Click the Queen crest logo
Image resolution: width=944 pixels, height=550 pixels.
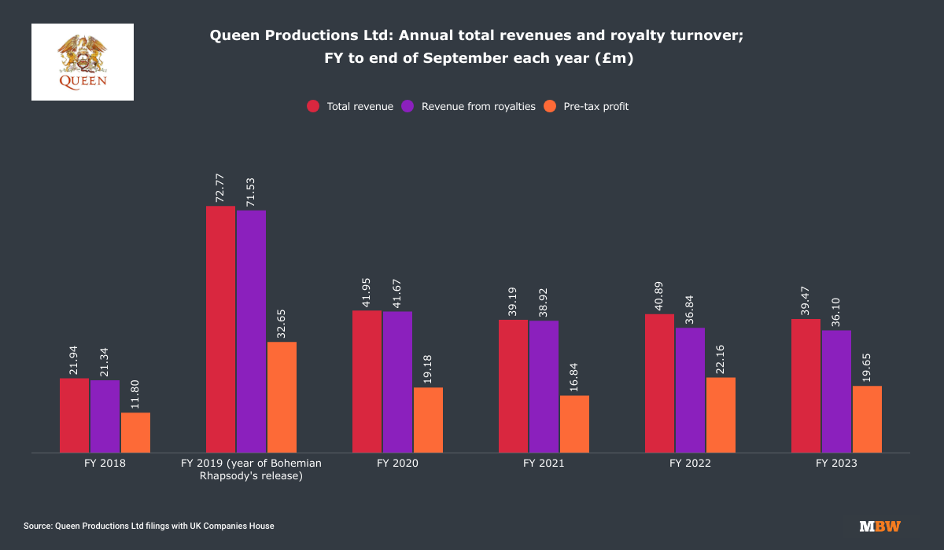(83, 61)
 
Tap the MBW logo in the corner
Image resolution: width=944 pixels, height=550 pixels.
(879, 526)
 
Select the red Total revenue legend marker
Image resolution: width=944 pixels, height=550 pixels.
(313, 107)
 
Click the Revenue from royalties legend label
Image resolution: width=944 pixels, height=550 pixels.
(478, 107)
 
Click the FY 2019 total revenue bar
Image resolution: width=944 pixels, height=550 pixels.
(220, 329)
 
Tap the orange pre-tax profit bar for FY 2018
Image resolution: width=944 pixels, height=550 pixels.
(135, 432)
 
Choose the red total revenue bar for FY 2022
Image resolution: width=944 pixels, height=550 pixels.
(659, 383)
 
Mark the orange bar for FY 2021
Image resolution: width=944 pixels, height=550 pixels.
(574, 423)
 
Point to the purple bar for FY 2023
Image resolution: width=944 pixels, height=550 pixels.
(836, 391)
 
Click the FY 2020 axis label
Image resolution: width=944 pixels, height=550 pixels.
(397, 464)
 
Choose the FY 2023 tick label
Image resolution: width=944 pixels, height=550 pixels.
(836, 464)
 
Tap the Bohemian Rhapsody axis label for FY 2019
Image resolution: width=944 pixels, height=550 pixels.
(251, 470)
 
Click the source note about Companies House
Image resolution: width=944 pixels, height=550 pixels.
(149, 526)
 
